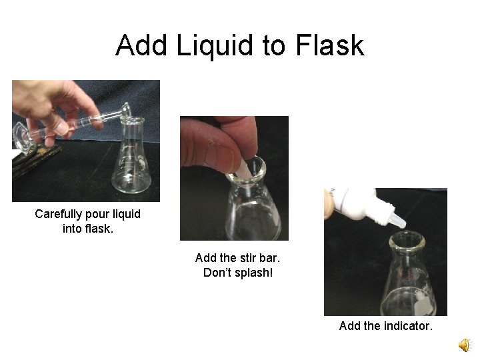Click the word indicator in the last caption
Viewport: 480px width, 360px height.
point(409,326)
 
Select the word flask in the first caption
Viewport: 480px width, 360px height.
point(101,229)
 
